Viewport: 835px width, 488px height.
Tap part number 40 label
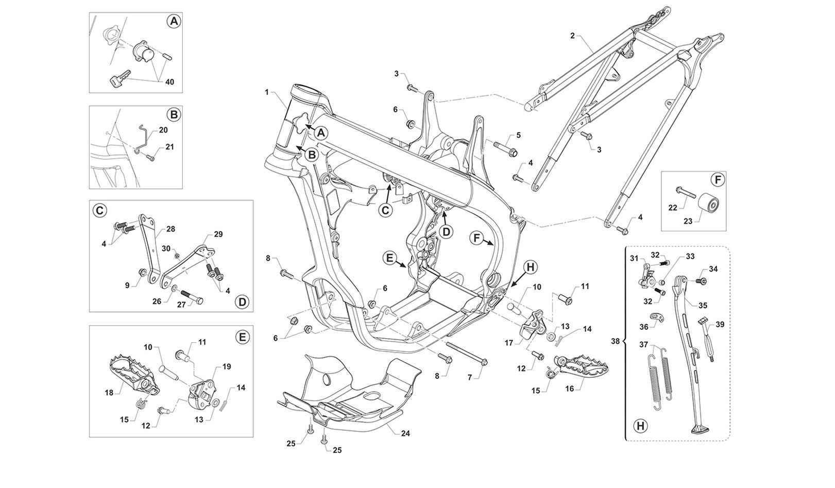coord(169,82)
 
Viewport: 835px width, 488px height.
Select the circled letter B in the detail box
coord(174,114)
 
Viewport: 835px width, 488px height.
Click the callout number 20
coord(163,130)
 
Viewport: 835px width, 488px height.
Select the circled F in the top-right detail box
coord(717,180)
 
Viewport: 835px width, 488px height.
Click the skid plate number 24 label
coord(405,433)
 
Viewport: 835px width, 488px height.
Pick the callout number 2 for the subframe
coord(572,36)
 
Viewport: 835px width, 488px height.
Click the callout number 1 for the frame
coord(267,92)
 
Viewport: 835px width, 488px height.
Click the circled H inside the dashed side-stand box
coord(640,426)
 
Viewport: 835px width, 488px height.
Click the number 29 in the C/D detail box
coord(218,234)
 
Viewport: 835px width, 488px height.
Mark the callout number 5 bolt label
coord(518,135)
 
